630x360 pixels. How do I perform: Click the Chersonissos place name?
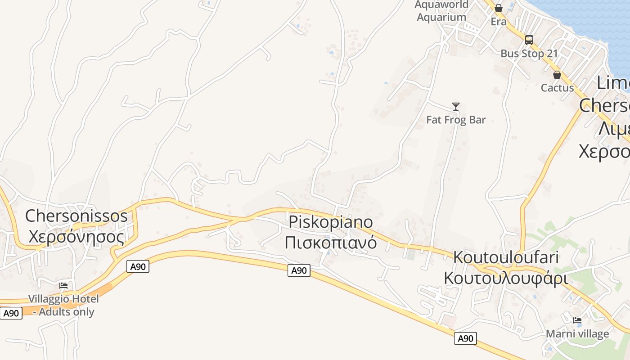76,216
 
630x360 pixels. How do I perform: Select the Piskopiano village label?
331,222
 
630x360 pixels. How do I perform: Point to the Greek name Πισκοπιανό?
331,242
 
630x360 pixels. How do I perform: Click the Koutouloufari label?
506,257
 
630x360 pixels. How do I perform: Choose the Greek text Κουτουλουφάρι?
506,278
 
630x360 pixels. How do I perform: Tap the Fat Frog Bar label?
456,120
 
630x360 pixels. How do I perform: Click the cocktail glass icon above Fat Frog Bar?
456,107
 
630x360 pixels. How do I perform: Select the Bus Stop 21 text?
529,54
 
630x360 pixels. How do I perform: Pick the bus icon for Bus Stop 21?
529,40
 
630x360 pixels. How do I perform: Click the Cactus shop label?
557,88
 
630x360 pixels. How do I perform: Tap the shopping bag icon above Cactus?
557,75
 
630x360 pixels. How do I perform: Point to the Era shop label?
499,22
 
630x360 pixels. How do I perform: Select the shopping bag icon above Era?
499,8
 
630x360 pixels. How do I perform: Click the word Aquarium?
441,17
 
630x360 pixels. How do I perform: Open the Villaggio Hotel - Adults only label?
63,305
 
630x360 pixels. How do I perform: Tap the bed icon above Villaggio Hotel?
63,285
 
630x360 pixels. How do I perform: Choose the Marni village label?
577,334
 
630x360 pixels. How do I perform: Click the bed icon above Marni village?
577,320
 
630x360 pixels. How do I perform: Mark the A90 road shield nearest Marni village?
465,338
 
